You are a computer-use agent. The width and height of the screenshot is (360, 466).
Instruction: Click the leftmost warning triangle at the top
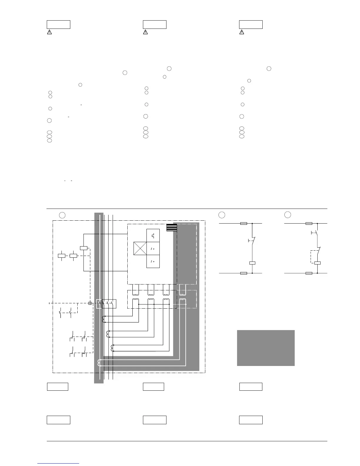tap(49, 32)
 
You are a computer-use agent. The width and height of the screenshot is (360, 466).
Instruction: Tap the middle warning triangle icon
tap(145, 32)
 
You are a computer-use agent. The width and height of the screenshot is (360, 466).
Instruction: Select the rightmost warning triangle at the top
tap(241, 32)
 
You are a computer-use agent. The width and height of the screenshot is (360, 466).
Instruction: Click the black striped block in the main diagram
tap(171, 227)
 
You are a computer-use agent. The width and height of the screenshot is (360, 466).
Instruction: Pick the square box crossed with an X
tap(140, 249)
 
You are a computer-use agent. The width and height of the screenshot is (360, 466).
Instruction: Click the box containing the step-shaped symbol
tap(153, 236)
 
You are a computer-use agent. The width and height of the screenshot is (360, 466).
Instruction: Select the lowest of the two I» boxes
tap(153, 262)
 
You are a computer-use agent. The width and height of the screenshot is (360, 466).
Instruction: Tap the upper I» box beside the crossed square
tap(153, 249)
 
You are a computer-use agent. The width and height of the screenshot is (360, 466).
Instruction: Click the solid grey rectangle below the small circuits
tap(266, 348)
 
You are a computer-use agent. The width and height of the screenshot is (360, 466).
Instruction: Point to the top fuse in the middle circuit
tap(244, 224)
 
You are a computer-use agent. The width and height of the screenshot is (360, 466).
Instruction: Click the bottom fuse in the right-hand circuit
tap(309, 273)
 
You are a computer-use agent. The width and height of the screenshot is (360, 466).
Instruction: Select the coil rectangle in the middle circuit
tap(252, 263)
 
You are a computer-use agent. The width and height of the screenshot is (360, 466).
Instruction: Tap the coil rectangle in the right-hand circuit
tap(317, 263)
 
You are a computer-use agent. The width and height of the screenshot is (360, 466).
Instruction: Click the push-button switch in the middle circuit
tap(252, 241)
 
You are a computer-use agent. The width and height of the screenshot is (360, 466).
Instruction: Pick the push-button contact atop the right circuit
tap(315, 233)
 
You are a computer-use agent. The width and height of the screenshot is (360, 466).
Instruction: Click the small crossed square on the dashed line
tap(90, 303)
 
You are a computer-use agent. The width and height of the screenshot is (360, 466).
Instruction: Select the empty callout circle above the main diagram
tap(62, 215)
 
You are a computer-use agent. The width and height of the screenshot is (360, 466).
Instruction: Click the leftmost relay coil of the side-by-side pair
tap(61, 255)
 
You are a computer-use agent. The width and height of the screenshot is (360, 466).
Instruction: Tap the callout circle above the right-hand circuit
tap(288, 215)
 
